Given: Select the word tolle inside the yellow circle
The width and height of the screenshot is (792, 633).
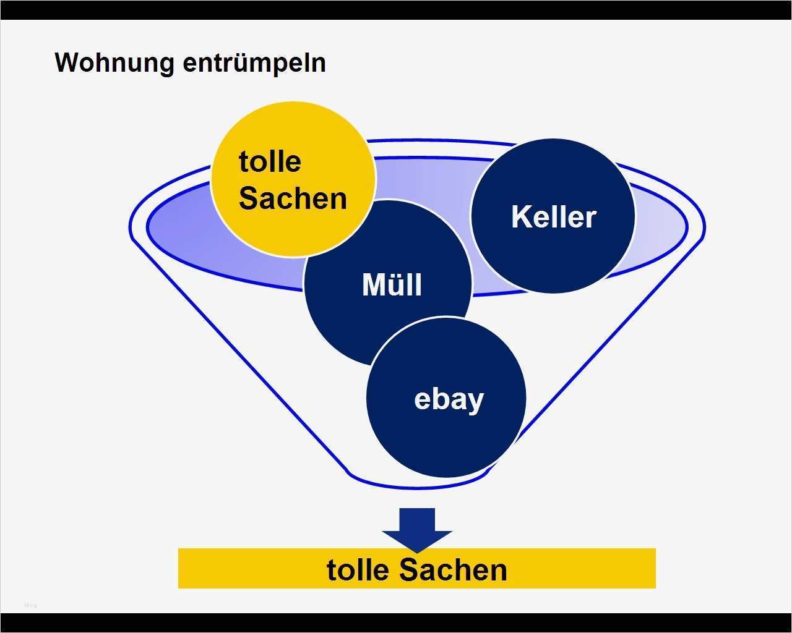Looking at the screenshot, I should pyautogui.click(x=270, y=162).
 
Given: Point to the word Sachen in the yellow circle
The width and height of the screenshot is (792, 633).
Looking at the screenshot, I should pyautogui.click(x=293, y=198).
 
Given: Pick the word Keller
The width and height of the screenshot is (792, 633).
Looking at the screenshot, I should pyautogui.click(x=553, y=217).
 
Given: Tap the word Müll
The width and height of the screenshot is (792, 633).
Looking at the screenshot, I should pyautogui.click(x=392, y=285).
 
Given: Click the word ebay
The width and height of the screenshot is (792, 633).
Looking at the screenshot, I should pyautogui.click(x=449, y=399).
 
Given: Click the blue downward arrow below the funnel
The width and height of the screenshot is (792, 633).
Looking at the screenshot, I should pyautogui.click(x=417, y=529).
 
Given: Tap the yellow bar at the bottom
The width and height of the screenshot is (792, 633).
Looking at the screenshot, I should pyautogui.click(x=247, y=569).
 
